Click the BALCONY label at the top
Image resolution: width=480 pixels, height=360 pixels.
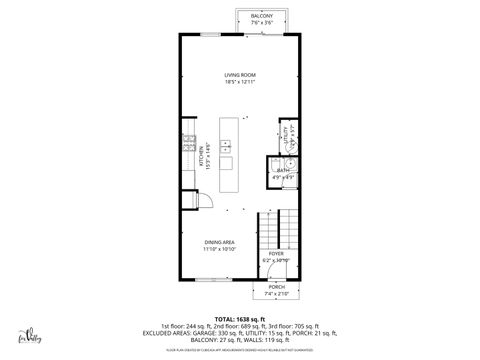(261, 17)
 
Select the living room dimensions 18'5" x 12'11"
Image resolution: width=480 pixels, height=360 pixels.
(240, 82)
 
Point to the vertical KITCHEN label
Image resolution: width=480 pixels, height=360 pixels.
(200, 157)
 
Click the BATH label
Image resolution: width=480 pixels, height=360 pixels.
(282, 170)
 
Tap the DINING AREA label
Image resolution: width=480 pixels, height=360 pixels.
(220, 242)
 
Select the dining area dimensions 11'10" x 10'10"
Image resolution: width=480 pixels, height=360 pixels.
(220, 250)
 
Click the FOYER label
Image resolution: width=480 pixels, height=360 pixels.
(275, 254)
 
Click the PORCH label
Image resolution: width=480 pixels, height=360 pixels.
(275, 288)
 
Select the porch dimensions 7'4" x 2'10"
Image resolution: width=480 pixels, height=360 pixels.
(275, 295)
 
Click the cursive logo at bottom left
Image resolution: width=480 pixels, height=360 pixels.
(28, 335)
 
